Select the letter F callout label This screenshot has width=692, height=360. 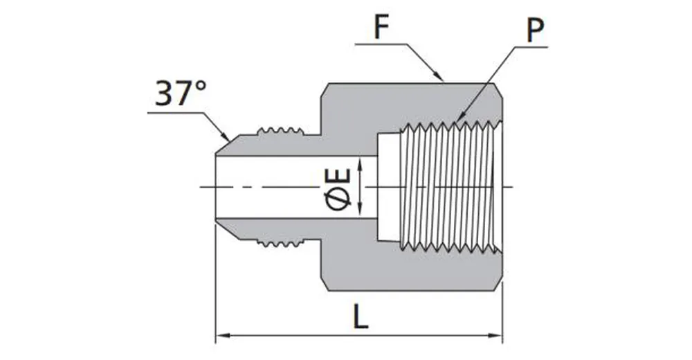381,28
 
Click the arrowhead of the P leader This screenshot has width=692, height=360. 459,120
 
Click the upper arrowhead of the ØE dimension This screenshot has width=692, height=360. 361,161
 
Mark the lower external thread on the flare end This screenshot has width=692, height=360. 281,242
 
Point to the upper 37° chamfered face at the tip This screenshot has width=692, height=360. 224,146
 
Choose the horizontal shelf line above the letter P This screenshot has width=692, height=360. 529,47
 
